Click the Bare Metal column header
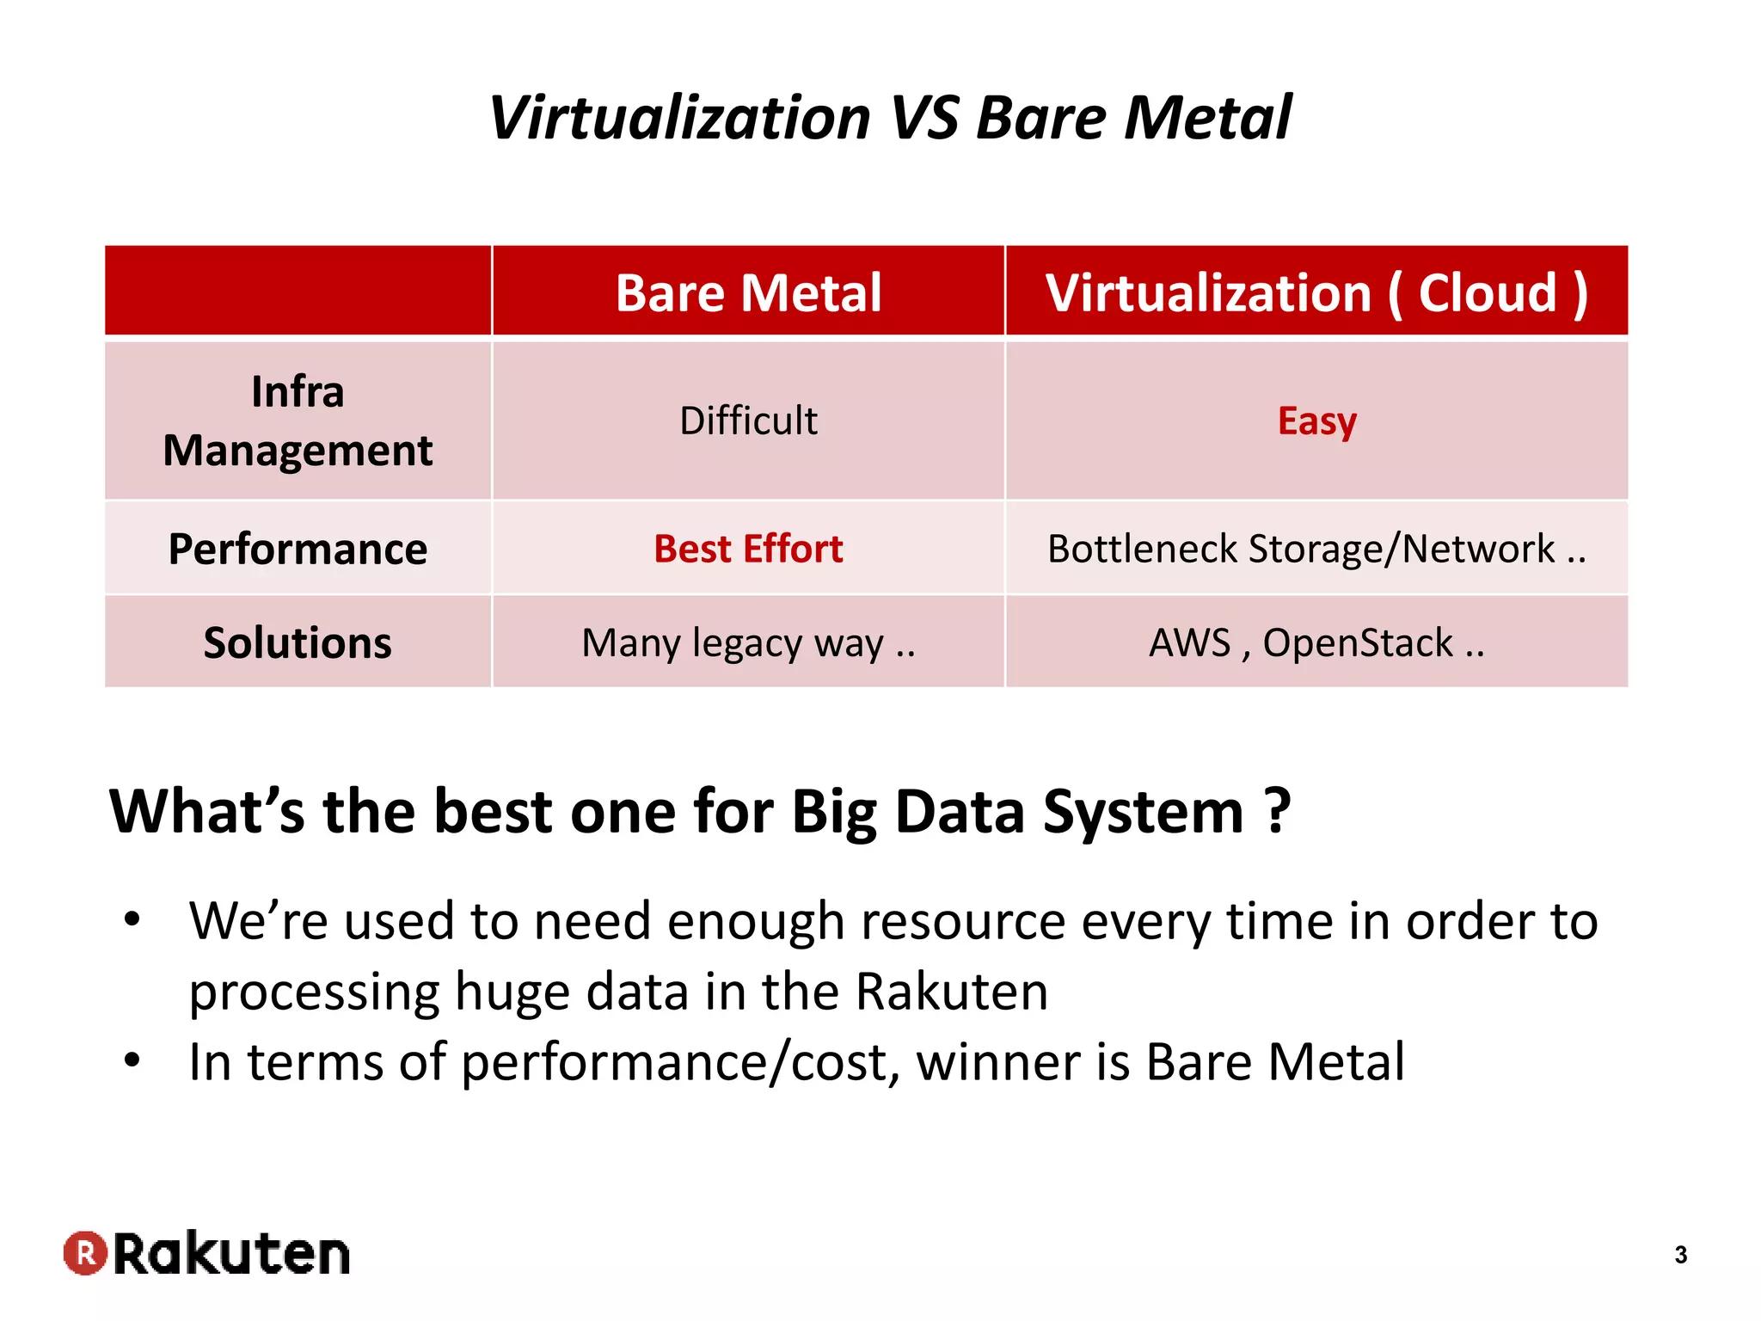tap(748, 292)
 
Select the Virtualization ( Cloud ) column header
tap(1316, 292)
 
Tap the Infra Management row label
tap(298, 421)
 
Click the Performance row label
tap(298, 549)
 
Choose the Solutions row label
tap(298, 642)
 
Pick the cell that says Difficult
tap(748, 421)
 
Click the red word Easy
tap(1316, 421)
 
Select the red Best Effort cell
tap(748, 549)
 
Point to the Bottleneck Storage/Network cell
tap(1316, 549)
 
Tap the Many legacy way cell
tap(748, 642)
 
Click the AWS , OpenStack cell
tap(1316, 642)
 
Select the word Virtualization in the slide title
tap(679, 118)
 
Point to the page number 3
tap(1681, 1255)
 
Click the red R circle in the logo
tap(85, 1253)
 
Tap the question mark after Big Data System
tap(1279, 811)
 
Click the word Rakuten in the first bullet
tap(951, 992)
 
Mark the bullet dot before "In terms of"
tap(132, 1060)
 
